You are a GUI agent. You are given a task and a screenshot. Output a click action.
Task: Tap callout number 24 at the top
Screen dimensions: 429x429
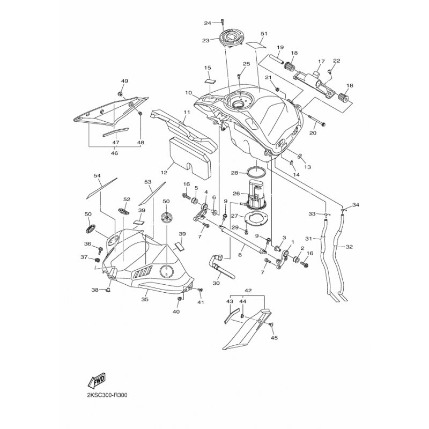pos(208,23)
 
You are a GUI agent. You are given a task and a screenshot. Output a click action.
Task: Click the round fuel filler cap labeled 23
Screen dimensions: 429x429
pos(231,39)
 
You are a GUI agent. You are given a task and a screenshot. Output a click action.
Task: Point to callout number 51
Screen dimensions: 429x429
pos(263,34)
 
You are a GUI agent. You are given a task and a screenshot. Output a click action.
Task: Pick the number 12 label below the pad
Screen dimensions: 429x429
pos(164,173)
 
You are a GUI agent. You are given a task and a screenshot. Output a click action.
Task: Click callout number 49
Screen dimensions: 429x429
pos(124,81)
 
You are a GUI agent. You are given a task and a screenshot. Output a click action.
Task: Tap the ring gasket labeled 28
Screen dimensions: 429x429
pos(255,172)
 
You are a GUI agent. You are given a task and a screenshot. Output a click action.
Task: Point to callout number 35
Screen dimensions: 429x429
pos(144,300)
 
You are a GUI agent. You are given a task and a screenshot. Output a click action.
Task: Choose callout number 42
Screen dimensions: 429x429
pos(248,290)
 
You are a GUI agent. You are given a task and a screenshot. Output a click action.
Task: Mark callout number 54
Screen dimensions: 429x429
pos(97,175)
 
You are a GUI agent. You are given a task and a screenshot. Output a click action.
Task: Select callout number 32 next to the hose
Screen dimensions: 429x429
pos(350,247)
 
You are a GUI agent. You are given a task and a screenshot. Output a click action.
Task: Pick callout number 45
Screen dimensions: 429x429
pos(274,338)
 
